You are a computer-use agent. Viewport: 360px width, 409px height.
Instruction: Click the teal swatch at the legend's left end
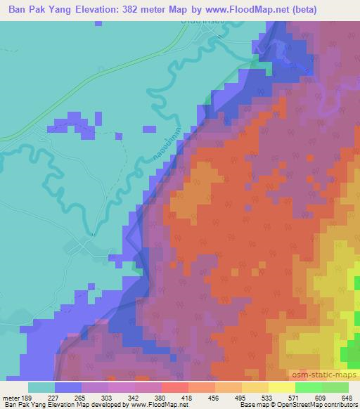click(41, 387)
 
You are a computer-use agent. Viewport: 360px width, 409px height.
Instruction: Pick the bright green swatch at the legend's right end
click(335, 387)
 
